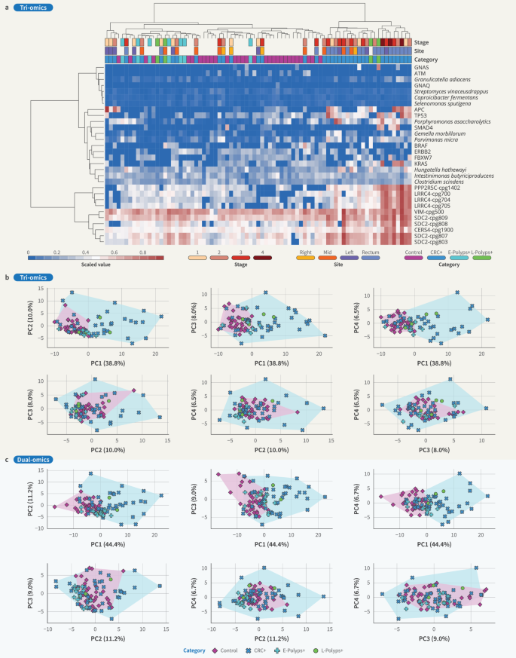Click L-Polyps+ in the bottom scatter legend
pos(341,650)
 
